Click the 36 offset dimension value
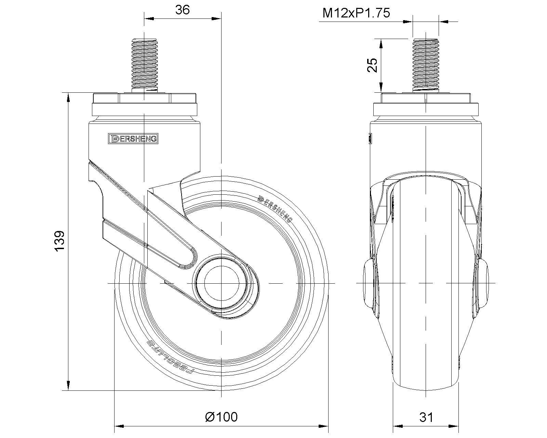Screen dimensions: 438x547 point(182,10)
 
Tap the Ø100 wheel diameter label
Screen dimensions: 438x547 point(221,417)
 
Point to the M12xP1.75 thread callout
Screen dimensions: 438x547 point(356,13)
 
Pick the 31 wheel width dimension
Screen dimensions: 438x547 point(426,417)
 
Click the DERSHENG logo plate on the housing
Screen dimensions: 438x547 point(133,138)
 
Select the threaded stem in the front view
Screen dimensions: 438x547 point(426,65)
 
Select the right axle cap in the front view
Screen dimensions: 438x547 point(483,284)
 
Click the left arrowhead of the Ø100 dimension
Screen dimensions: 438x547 point(118,426)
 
